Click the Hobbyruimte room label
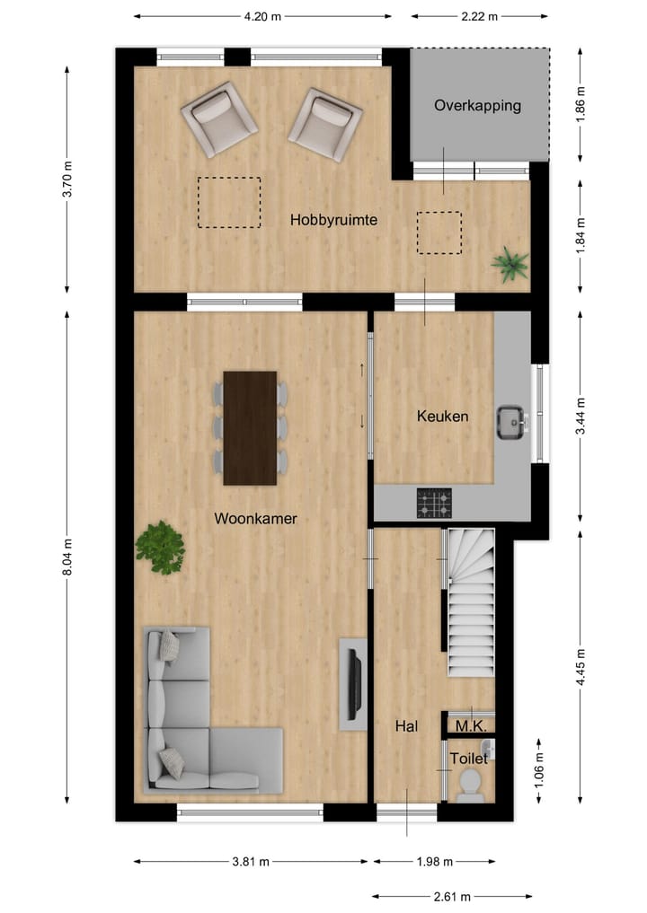click(332, 220)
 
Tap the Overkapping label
click(477, 106)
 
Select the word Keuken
click(442, 417)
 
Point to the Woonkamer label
click(255, 519)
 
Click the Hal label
click(407, 726)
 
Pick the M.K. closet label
click(470, 726)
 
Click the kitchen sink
click(511, 421)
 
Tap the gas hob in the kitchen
click(434, 504)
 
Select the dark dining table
click(250, 427)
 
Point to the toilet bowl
click(470, 786)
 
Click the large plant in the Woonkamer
click(161, 547)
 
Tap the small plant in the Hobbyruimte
click(510, 265)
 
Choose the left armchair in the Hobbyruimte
click(218, 119)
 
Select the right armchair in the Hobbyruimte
click(324, 123)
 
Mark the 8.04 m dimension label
click(68, 557)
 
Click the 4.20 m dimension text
click(263, 15)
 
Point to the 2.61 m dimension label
click(452, 896)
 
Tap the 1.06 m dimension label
click(538, 771)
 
